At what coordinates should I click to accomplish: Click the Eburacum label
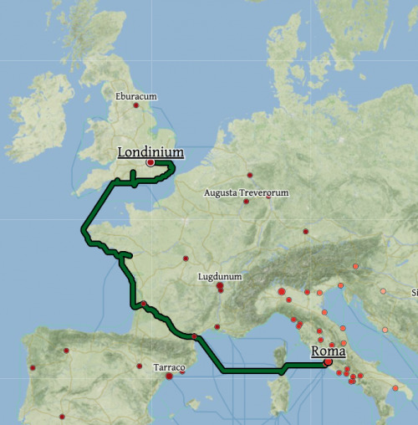click(136, 96)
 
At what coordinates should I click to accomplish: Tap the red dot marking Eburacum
click(135, 105)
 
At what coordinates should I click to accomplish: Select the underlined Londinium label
click(150, 152)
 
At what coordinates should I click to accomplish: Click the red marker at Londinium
click(150, 163)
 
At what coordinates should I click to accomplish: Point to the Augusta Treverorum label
click(247, 192)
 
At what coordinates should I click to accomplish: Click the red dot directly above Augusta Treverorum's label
click(250, 175)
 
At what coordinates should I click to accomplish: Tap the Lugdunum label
click(220, 276)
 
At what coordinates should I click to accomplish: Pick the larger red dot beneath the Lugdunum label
click(220, 286)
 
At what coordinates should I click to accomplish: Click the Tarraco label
click(170, 366)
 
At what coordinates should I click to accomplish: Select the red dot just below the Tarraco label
click(169, 376)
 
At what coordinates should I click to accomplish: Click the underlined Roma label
click(329, 351)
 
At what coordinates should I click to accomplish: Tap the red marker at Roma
click(327, 362)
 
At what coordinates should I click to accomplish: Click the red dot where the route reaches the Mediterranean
click(194, 336)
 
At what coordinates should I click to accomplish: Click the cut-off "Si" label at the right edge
click(414, 293)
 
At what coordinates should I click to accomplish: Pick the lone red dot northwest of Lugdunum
click(186, 258)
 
